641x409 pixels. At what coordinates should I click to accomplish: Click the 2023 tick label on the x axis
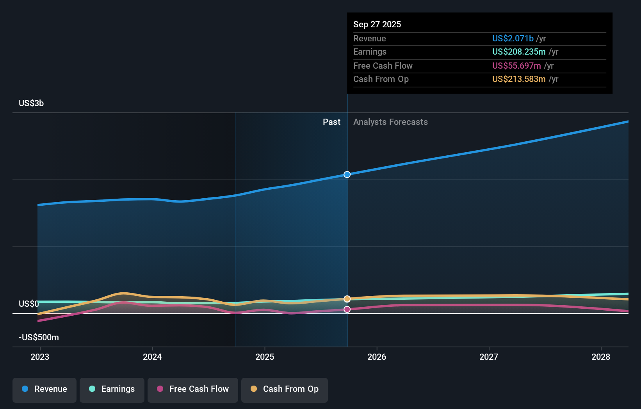pyautogui.click(x=40, y=357)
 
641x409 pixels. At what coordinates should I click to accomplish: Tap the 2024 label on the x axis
pyautogui.click(x=152, y=357)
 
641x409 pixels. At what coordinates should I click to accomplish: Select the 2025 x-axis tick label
pyautogui.click(x=265, y=357)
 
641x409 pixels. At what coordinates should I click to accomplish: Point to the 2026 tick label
pyautogui.click(x=377, y=357)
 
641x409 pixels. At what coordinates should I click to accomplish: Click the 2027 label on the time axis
pyautogui.click(x=489, y=357)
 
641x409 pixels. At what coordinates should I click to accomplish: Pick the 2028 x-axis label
pyautogui.click(x=601, y=357)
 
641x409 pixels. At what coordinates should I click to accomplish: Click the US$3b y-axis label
pyautogui.click(x=31, y=103)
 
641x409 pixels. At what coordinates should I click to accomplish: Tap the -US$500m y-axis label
pyautogui.click(x=39, y=337)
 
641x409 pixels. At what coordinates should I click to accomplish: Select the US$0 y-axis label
pyautogui.click(x=28, y=304)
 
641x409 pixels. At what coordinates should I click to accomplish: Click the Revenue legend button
pyautogui.click(x=45, y=389)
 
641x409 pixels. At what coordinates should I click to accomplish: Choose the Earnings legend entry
pyautogui.click(x=112, y=389)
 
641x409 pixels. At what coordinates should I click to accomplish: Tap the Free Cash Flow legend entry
pyautogui.click(x=193, y=389)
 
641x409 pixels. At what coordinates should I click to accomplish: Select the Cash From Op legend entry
pyautogui.click(x=285, y=389)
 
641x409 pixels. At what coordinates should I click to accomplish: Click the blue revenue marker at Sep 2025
pyautogui.click(x=347, y=174)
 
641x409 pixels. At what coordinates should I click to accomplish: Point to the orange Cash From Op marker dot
pyautogui.click(x=347, y=299)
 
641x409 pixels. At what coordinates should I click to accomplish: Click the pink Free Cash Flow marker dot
pyautogui.click(x=347, y=309)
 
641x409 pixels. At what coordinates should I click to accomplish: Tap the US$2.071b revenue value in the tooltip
pyautogui.click(x=513, y=38)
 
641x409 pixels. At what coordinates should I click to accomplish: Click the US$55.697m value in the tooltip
pyautogui.click(x=516, y=66)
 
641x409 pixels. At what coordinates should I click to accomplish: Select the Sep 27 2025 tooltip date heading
pyautogui.click(x=377, y=24)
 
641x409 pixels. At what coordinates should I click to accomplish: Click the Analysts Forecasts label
pyautogui.click(x=390, y=122)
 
